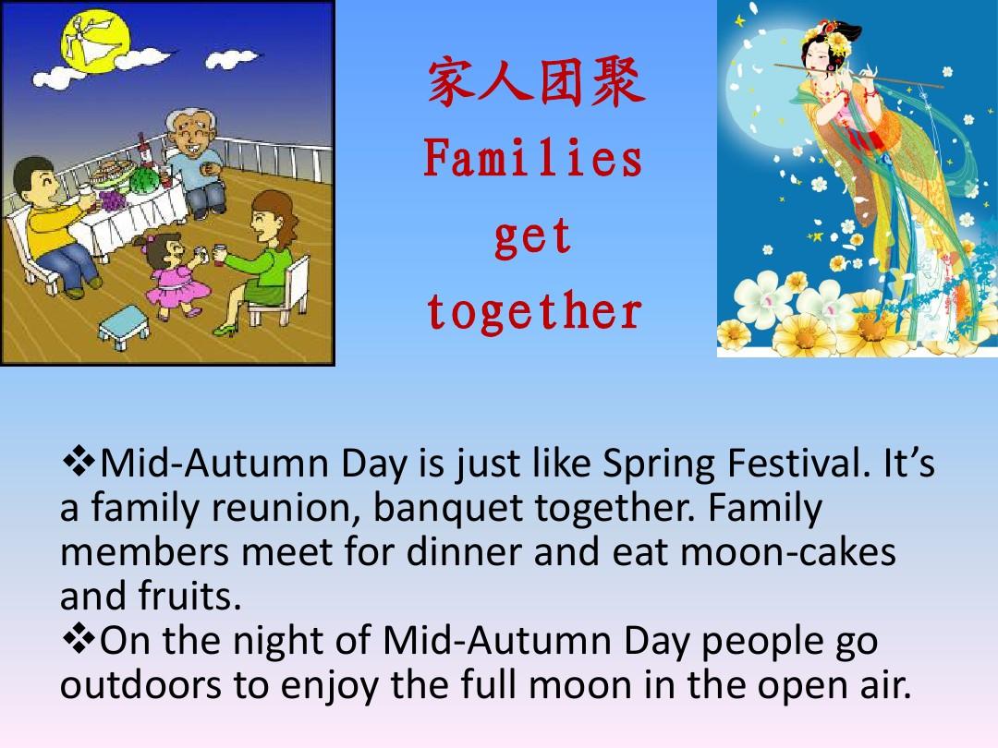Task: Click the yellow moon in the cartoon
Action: pyautogui.click(x=94, y=41)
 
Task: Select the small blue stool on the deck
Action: pyautogui.click(x=124, y=328)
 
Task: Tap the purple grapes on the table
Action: pyautogui.click(x=112, y=200)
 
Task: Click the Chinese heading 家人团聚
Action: pyautogui.click(x=536, y=83)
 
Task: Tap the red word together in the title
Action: pyautogui.click(x=534, y=311)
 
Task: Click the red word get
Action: pyautogui.click(x=533, y=237)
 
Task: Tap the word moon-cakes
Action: pyautogui.click(x=788, y=552)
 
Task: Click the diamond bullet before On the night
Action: pyautogui.click(x=78, y=639)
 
